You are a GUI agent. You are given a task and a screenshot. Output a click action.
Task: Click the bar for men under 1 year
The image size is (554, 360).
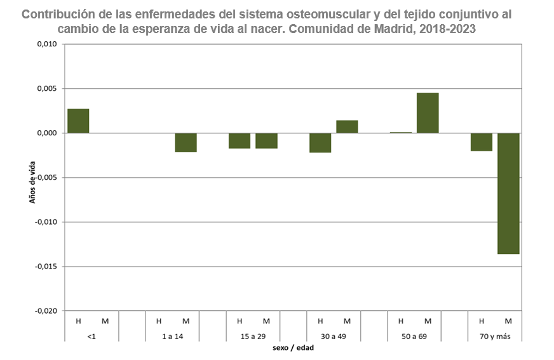coord(78,121)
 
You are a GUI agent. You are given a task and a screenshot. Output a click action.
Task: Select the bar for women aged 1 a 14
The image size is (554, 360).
coord(186,143)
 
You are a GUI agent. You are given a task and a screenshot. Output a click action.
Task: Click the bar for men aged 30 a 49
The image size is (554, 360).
coord(320,143)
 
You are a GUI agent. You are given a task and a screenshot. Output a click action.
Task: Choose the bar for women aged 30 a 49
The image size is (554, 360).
coord(347,127)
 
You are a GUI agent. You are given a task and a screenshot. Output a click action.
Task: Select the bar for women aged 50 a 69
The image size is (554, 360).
coord(428,113)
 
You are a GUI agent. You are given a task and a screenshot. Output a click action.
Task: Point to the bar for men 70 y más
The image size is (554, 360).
coord(482,142)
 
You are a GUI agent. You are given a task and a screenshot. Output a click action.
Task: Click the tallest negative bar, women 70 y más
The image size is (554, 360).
coord(508,194)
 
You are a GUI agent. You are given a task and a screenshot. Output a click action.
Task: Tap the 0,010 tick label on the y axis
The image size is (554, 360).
coord(46,44)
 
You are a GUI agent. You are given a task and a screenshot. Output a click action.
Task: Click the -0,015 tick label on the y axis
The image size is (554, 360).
coord(45,267)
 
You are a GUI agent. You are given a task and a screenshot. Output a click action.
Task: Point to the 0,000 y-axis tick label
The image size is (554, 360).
coord(46,133)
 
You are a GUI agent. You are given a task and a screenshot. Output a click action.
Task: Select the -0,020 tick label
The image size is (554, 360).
coord(45,311)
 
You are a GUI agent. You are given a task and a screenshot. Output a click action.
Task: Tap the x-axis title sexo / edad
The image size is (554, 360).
coord(293,348)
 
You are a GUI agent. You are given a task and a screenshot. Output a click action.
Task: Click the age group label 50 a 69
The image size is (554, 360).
coord(414,335)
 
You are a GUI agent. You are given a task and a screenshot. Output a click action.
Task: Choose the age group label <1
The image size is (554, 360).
coord(92,335)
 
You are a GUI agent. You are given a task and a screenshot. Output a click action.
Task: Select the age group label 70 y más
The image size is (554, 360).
coord(495,335)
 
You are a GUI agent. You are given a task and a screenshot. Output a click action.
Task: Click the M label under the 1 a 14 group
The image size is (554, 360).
coord(186,321)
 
